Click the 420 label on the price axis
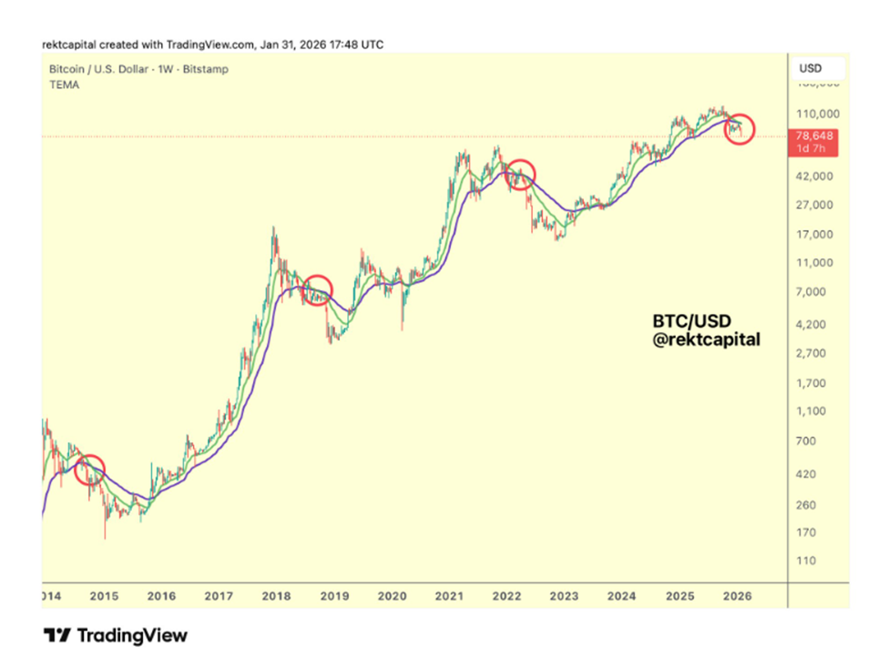[806, 474]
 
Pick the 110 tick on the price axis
[806, 561]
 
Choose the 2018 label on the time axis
[277, 596]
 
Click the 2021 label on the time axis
[449, 596]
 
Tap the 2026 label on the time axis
[736, 596]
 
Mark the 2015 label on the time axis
[104, 596]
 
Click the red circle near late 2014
[89, 470]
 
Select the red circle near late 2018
[317, 290]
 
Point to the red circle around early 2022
[520, 174]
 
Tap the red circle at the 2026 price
[740, 130]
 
